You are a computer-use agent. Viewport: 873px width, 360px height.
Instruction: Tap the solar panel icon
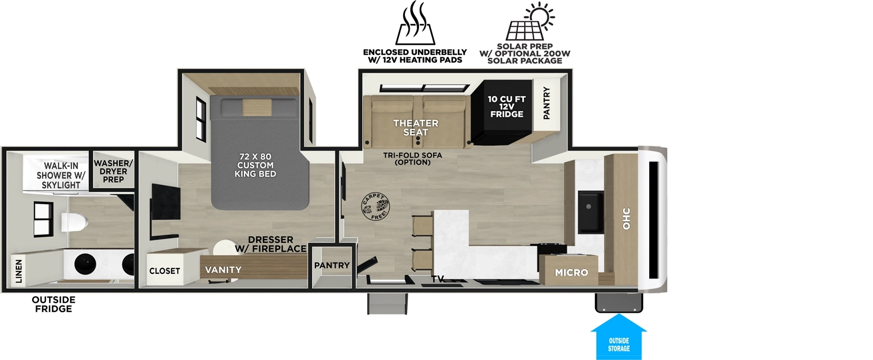tap(530, 22)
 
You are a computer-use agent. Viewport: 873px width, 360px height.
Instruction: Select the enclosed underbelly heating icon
tap(415, 24)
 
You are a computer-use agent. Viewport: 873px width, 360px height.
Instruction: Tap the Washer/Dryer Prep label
tap(113, 171)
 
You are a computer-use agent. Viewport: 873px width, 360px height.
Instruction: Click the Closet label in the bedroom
tap(165, 271)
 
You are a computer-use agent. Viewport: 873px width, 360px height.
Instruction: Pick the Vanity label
tap(223, 270)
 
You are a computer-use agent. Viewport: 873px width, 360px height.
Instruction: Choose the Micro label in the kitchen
tap(571, 272)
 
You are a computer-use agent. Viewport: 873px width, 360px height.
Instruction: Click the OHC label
tap(626, 218)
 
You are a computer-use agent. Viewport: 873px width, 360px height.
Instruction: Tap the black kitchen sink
tap(590, 211)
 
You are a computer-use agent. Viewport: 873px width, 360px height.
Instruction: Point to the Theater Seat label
tap(416, 128)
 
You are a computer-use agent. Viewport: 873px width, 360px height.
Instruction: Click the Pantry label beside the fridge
tap(546, 103)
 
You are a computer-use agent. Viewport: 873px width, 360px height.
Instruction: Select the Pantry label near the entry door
tap(332, 266)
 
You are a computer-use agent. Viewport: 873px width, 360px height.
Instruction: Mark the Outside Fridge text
tap(53, 304)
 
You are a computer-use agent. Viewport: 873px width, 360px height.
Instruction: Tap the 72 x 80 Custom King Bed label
tap(255, 165)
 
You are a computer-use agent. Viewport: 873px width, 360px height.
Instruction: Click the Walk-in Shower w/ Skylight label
tap(61, 175)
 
